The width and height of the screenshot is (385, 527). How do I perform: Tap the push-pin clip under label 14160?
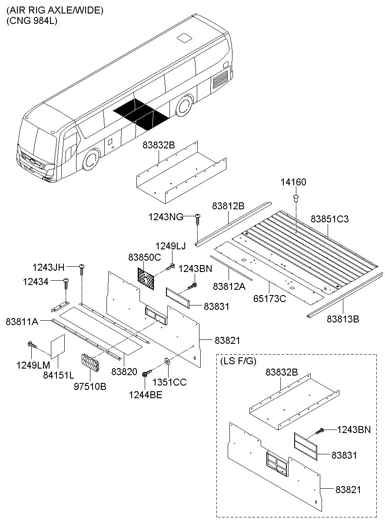pyautogui.click(x=296, y=199)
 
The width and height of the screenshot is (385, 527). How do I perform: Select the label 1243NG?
pyautogui.click(x=165, y=216)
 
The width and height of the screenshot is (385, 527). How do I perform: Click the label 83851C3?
pyautogui.click(x=330, y=219)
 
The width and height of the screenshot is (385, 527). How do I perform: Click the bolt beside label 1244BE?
pyautogui.click(x=147, y=372)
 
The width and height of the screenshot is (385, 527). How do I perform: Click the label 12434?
pyautogui.click(x=36, y=282)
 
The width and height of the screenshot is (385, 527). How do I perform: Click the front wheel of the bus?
pyautogui.click(x=91, y=160)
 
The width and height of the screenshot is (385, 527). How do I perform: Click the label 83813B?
pyautogui.click(x=343, y=319)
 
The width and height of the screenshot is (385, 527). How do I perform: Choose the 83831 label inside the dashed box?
pyautogui.click(x=344, y=455)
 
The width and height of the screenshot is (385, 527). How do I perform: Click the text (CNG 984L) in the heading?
pyautogui.click(x=32, y=20)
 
